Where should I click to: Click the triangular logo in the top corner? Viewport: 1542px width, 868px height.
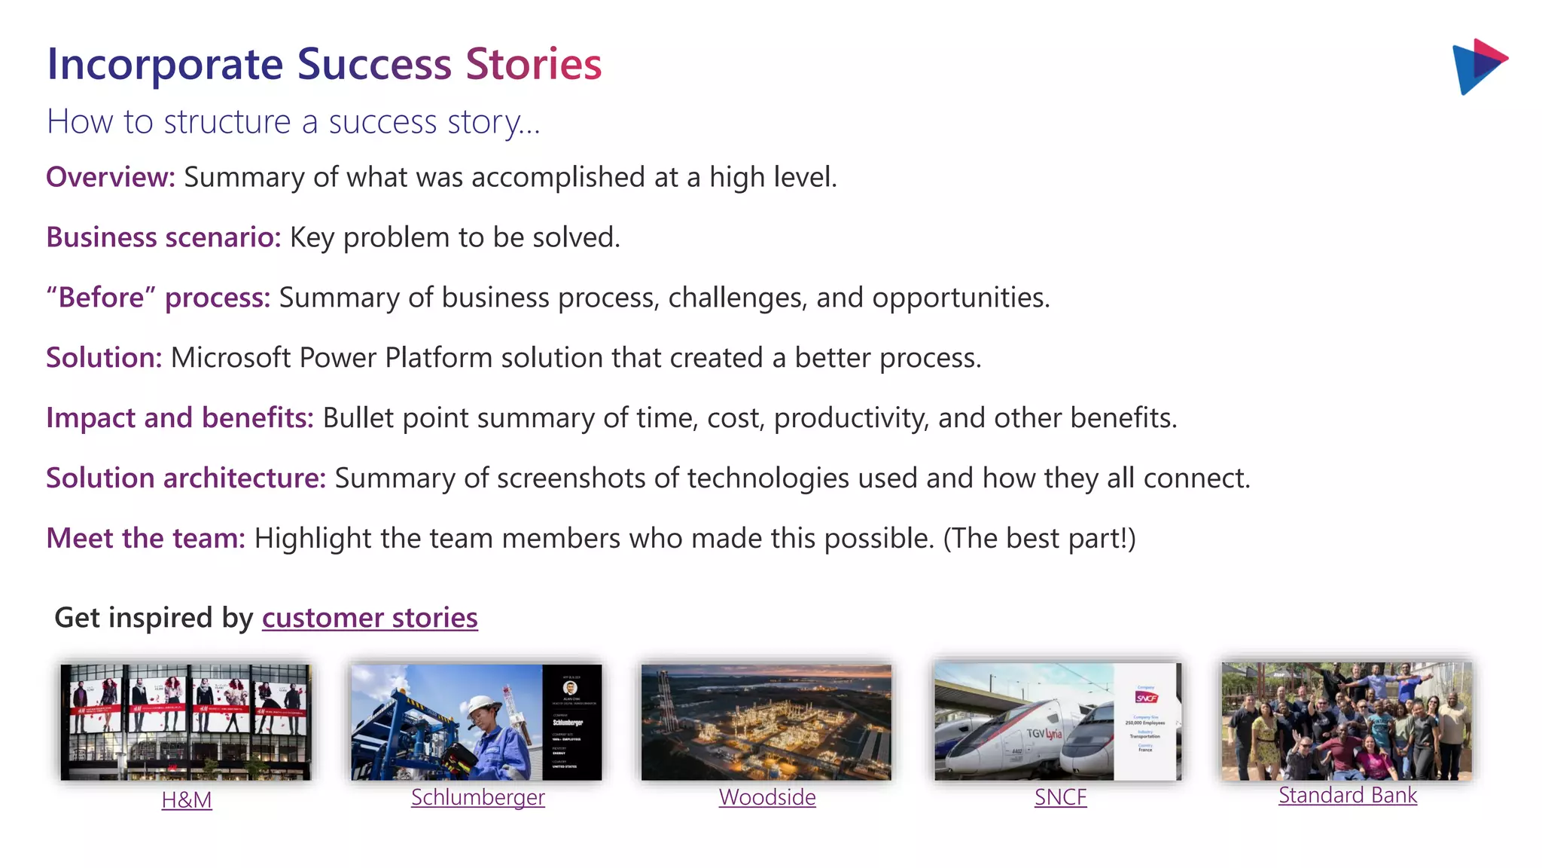pos(1477,66)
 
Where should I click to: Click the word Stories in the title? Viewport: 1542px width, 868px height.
pos(533,64)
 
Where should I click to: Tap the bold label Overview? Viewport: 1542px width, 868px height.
pos(110,177)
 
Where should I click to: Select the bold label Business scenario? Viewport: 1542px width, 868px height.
pos(163,237)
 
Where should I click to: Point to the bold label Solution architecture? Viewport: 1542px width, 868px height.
pos(185,478)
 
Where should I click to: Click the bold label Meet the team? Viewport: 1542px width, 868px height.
pos(145,539)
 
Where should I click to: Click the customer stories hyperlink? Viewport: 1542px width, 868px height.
pos(369,618)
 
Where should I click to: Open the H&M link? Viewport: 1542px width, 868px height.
pos(187,799)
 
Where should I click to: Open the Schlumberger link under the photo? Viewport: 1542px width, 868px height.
pos(477,797)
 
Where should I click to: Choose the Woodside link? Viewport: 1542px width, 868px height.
pos(766,797)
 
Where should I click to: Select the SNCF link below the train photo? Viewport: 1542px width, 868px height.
pos(1060,797)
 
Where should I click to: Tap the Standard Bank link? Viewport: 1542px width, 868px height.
pos(1347,795)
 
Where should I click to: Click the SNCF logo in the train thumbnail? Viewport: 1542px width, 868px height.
pos(1146,698)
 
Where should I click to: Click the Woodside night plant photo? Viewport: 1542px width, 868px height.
pos(766,722)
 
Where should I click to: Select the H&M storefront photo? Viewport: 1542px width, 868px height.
pos(185,722)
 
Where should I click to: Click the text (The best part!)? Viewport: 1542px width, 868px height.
pos(1039,539)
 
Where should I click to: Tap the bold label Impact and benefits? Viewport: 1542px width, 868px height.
pos(179,418)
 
